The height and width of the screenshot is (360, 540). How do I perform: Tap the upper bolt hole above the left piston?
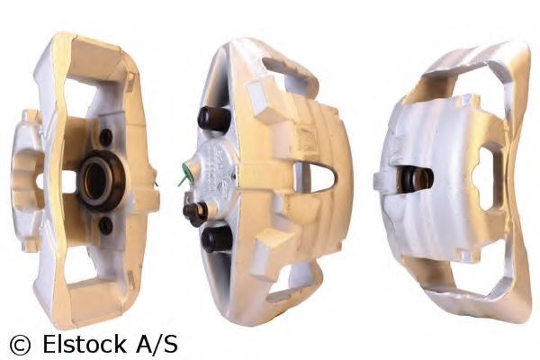(x=106, y=137)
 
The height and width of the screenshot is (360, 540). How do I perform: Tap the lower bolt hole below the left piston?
(x=104, y=225)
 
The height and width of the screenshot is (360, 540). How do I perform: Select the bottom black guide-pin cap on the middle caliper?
(x=215, y=238)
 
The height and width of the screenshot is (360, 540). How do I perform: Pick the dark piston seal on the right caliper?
(x=418, y=177)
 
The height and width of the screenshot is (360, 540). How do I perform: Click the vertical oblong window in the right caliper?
(x=486, y=178)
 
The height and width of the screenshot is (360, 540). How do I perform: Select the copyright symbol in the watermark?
(x=18, y=343)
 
